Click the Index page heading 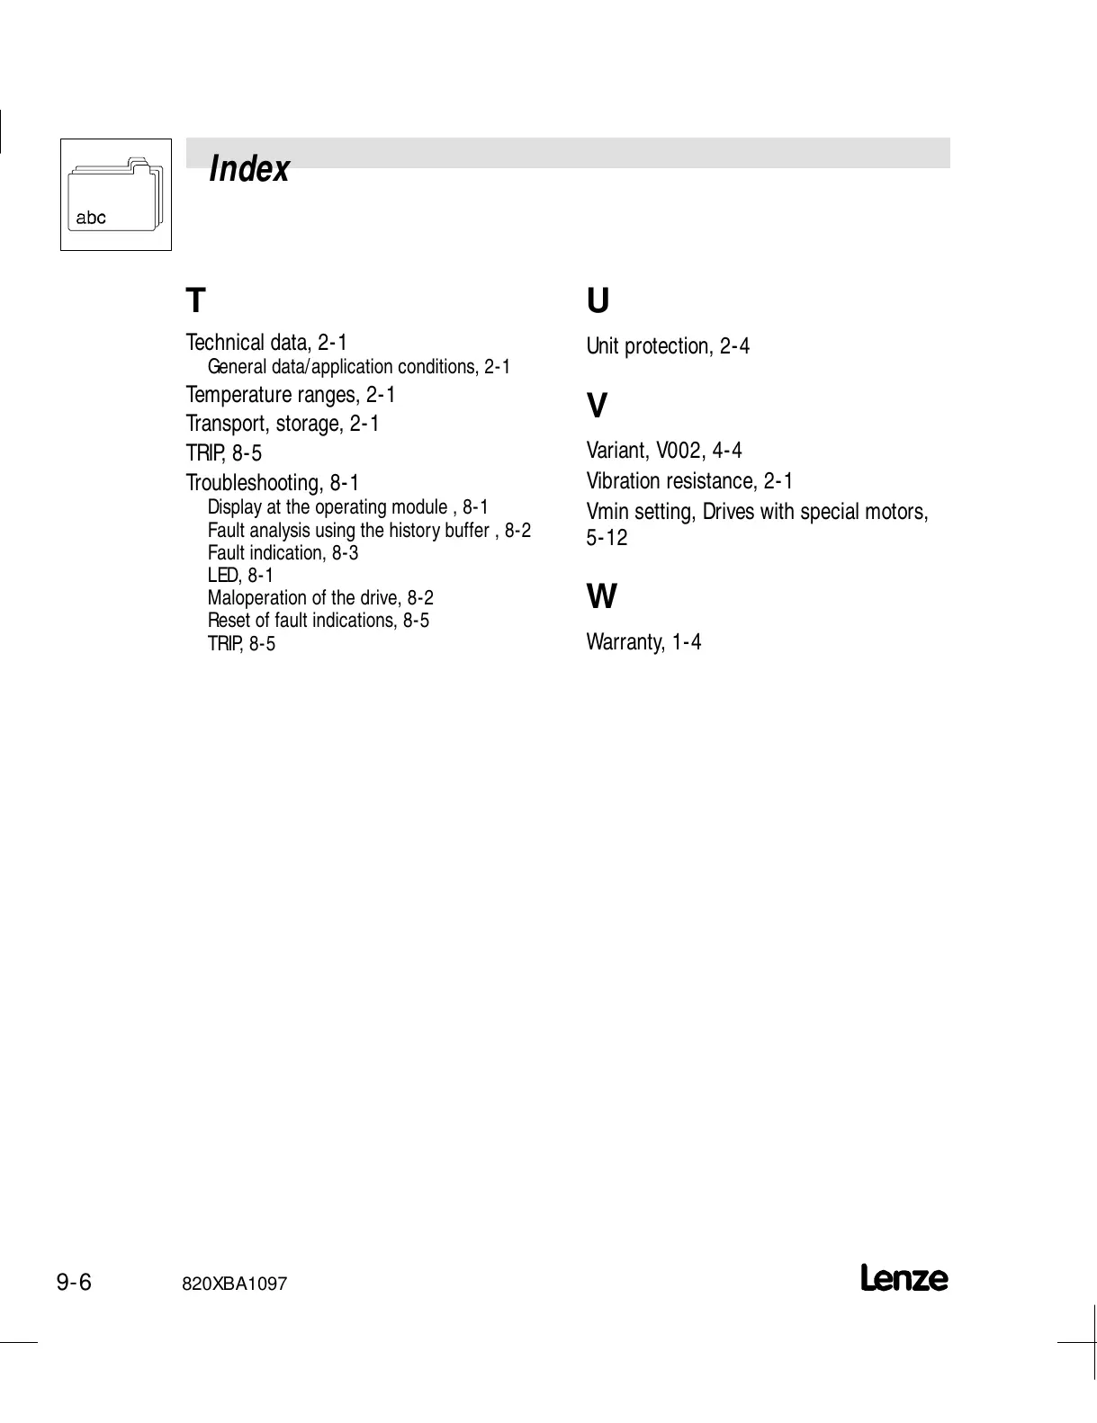(248, 169)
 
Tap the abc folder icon (115, 194)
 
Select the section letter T (195, 300)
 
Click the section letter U (598, 300)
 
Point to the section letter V (597, 407)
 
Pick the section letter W (601, 596)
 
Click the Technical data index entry (266, 343)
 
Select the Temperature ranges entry (291, 395)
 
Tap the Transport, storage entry (283, 424)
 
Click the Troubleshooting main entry (273, 483)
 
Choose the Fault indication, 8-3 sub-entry (283, 553)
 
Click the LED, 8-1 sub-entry (240, 576)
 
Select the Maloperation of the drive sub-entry (320, 598)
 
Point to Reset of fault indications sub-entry (319, 621)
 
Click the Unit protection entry (668, 346)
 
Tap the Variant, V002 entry (664, 451)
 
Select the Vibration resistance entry (689, 481)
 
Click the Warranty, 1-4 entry (643, 642)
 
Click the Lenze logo (904, 1278)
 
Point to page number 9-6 (75, 1282)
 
